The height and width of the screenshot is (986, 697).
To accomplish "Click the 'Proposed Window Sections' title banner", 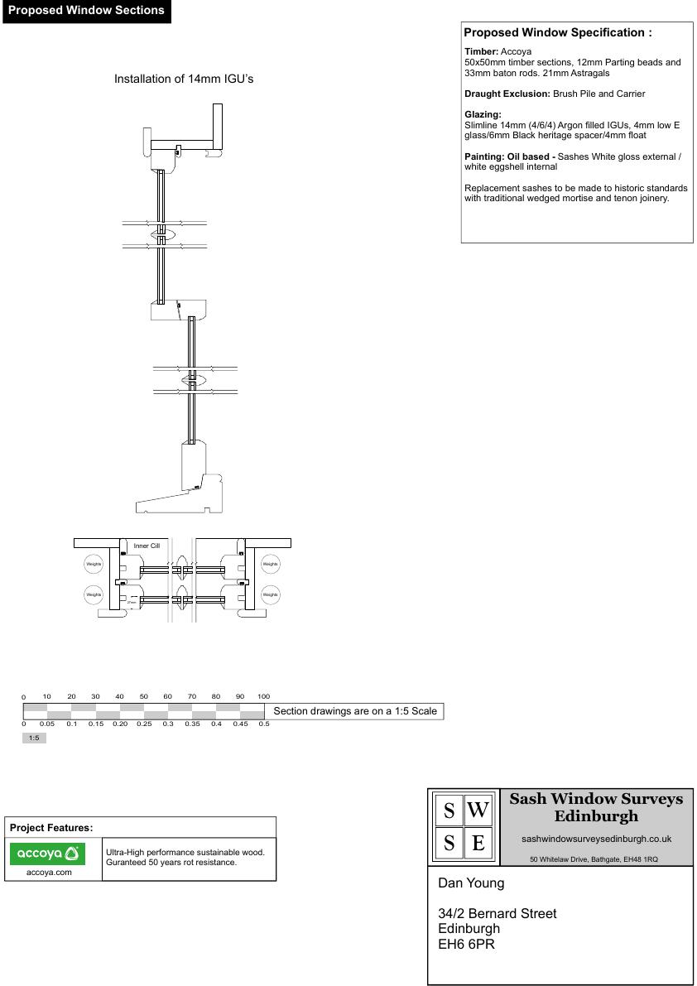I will (86, 12).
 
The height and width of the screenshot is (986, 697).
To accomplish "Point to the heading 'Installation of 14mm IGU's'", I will (183, 79).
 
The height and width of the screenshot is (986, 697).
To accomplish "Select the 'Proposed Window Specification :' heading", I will (558, 33).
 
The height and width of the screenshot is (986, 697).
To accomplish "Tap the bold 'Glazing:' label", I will (483, 114).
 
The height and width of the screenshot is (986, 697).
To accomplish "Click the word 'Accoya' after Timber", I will (517, 51).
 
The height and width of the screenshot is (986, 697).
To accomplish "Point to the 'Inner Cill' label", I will (147, 546).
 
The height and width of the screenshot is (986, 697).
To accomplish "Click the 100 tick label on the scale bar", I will (263, 696).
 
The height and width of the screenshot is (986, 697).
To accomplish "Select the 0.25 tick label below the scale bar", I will (144, 724).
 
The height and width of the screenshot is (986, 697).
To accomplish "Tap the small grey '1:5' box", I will (34, 738).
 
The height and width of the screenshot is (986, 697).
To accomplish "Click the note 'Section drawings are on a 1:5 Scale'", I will (354, 711).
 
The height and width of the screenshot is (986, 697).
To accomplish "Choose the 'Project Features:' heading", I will (51, 828).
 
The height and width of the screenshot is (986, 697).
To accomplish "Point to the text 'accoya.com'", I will (49, 872).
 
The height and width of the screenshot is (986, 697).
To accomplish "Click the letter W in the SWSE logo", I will (478, 810).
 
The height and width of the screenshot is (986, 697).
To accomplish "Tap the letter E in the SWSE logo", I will (478, 844).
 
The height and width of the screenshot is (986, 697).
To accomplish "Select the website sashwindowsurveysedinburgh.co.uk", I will (596, 839).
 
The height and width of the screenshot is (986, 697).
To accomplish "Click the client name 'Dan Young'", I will (471, 883).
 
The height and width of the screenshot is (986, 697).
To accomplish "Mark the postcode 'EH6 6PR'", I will (466, 944).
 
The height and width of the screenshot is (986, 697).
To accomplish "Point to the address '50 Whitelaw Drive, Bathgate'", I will (594, 859).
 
